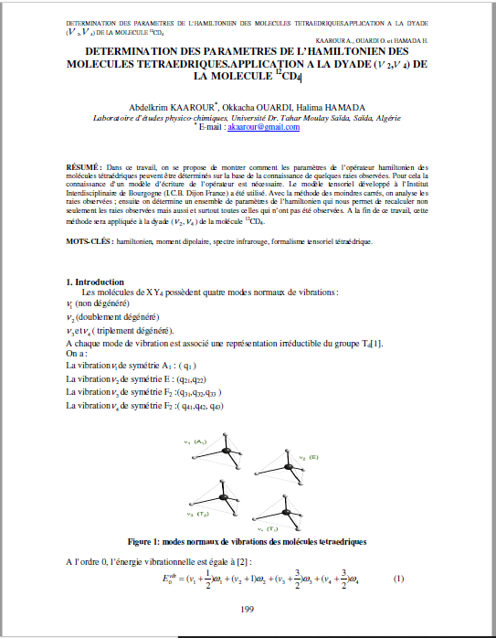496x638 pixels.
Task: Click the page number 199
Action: tap(247, 609)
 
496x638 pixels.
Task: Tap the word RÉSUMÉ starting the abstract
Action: tap(85, 169)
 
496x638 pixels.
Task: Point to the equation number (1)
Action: tap(398, 580)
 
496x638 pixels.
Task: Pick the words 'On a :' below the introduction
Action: tap(79, 353)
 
